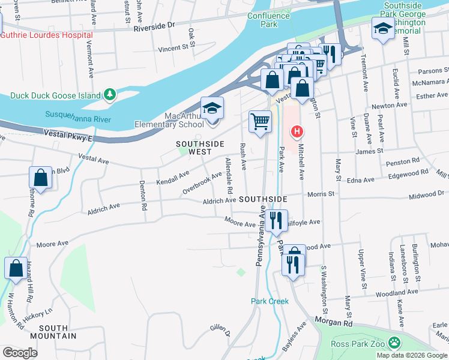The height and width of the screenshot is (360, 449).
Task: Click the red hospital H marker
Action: pyautogui.click(x=296, y=131)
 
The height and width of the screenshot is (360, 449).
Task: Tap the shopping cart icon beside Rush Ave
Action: pyautogui.click(x=261, y=122)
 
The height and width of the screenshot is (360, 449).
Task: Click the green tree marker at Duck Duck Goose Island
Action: pyautogui.click(x=110, y=94)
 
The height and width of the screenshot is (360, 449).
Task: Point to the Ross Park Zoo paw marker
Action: pyautogui.click(x=394, y=343)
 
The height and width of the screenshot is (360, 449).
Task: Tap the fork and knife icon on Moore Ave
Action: pyautogui.click(x=276, y=220)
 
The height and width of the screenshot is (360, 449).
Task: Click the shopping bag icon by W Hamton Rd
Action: pyautogui.click(x=16, y=268)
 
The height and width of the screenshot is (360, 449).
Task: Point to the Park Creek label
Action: pyautogui.click(x=270, y=301)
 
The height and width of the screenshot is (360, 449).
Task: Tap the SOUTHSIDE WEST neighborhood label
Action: pyautogui.click(x=200, y=148)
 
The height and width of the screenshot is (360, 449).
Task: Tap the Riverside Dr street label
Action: pyautogui.click(x=154, y=26)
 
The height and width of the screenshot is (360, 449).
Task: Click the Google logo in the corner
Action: pyautogui.click(x=20, y=353)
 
